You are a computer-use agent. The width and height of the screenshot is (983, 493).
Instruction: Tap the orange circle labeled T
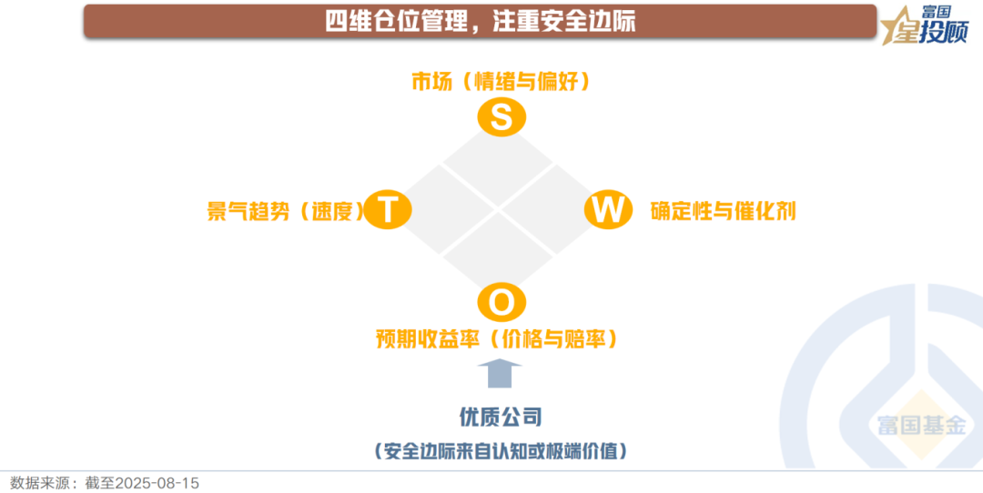point(388,210)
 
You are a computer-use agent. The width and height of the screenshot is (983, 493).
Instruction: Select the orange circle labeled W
point(607,210)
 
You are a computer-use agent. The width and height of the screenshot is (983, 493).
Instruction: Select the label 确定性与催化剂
point(723,211)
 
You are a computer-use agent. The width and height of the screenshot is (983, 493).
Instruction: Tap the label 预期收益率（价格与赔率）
point(497,338)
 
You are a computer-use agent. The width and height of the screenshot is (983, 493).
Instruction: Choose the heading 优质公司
point(501,418)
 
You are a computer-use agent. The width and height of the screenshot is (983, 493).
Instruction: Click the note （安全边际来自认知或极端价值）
point(501,451)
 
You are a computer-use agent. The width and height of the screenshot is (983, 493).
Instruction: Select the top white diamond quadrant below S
point(499,166)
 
